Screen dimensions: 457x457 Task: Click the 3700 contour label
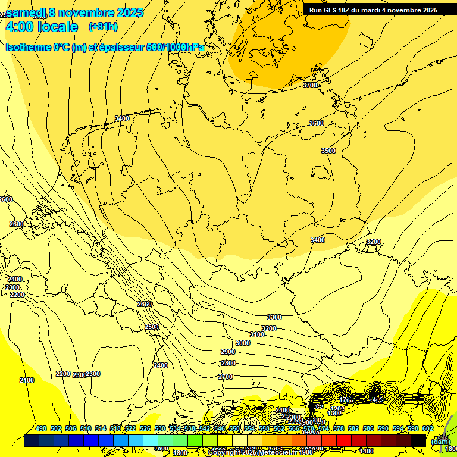[310, 85]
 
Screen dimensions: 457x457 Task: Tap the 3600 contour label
[317, 123]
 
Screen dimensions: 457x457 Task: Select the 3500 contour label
[328, 151]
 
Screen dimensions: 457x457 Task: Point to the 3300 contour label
[274, 317]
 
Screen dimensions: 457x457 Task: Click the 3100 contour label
[257, 334]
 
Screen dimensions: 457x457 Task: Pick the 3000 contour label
[242, 343]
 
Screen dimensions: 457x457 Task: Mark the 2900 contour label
[228, 352]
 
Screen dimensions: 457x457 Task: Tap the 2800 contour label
[228, 363]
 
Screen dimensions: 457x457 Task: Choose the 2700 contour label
[226, 377]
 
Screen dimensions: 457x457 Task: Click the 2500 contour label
[152, 327]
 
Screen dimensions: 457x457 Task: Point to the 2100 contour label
[27, 380]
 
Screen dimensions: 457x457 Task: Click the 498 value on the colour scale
[41, 428]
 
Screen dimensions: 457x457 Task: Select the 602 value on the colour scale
[428, 428]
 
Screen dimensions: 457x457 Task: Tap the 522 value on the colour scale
[130, 428]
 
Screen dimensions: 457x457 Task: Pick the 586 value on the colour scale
[368, 428]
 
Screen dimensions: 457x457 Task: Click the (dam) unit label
[440, 441]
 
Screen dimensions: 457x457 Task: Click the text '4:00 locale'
[42, 27]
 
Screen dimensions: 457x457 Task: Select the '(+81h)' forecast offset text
[103, 27]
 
